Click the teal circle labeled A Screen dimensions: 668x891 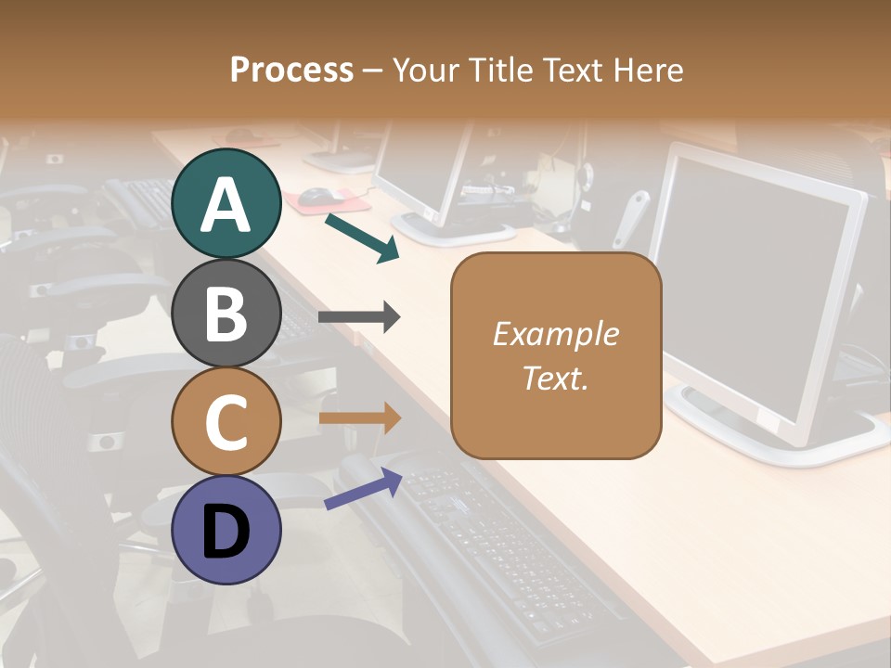[x=226, y=204]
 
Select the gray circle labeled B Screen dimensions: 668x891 [x=226, y=313]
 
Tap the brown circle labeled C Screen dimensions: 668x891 [x=226, y=421]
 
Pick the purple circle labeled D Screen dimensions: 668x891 [x=226, y=530]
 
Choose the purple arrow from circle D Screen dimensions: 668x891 [x=363, y=490]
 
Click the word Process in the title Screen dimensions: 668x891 [x=291, y=70]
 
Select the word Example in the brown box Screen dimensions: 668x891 [x=555, y=334]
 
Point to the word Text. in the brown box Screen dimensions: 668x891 [x=555, y=378]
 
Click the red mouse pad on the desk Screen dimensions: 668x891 [x=334, y=199]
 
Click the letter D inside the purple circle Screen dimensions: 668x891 [x=226, y=532]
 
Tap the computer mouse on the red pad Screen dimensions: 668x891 [x=316, y=194]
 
